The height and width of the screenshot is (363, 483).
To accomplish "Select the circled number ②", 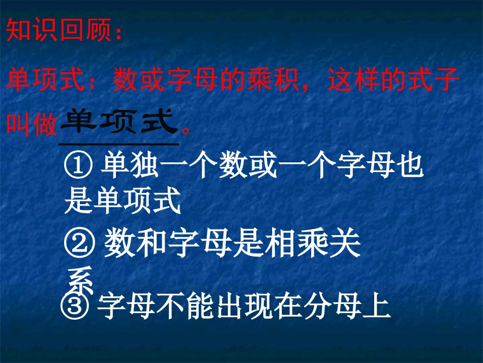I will (x=79, y=245).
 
